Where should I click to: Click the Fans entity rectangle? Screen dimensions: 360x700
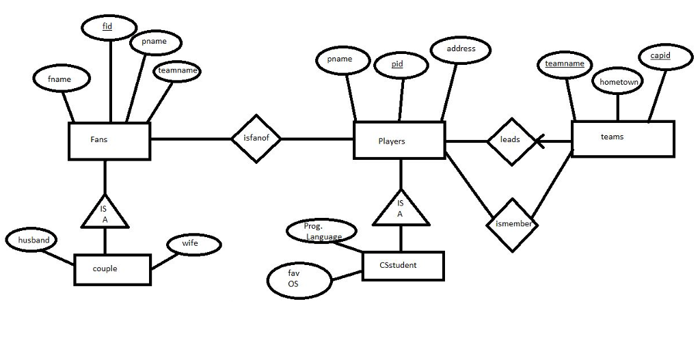click(109, 141)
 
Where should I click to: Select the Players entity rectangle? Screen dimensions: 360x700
click(399, 141)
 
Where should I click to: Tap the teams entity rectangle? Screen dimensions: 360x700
click(622, 138)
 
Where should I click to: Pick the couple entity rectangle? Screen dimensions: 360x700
click(112, 269)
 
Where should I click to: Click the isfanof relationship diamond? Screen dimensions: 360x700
click(256, 139)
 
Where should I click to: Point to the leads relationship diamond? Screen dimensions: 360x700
click(510, 140)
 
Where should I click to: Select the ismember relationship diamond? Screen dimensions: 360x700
click(512, 224)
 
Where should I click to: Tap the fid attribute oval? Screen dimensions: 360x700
click(108, 27)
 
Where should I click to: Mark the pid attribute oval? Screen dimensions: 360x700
click(401, 65)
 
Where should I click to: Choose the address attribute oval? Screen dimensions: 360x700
click(461, 49)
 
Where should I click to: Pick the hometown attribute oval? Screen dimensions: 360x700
click(618, 82)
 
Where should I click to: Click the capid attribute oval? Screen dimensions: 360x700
click(660, 56)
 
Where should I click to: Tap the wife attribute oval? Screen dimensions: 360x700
click(194, 244)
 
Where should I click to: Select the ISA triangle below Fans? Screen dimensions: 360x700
click(105, 212)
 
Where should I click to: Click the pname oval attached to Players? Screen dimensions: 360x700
click(339, 59)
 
